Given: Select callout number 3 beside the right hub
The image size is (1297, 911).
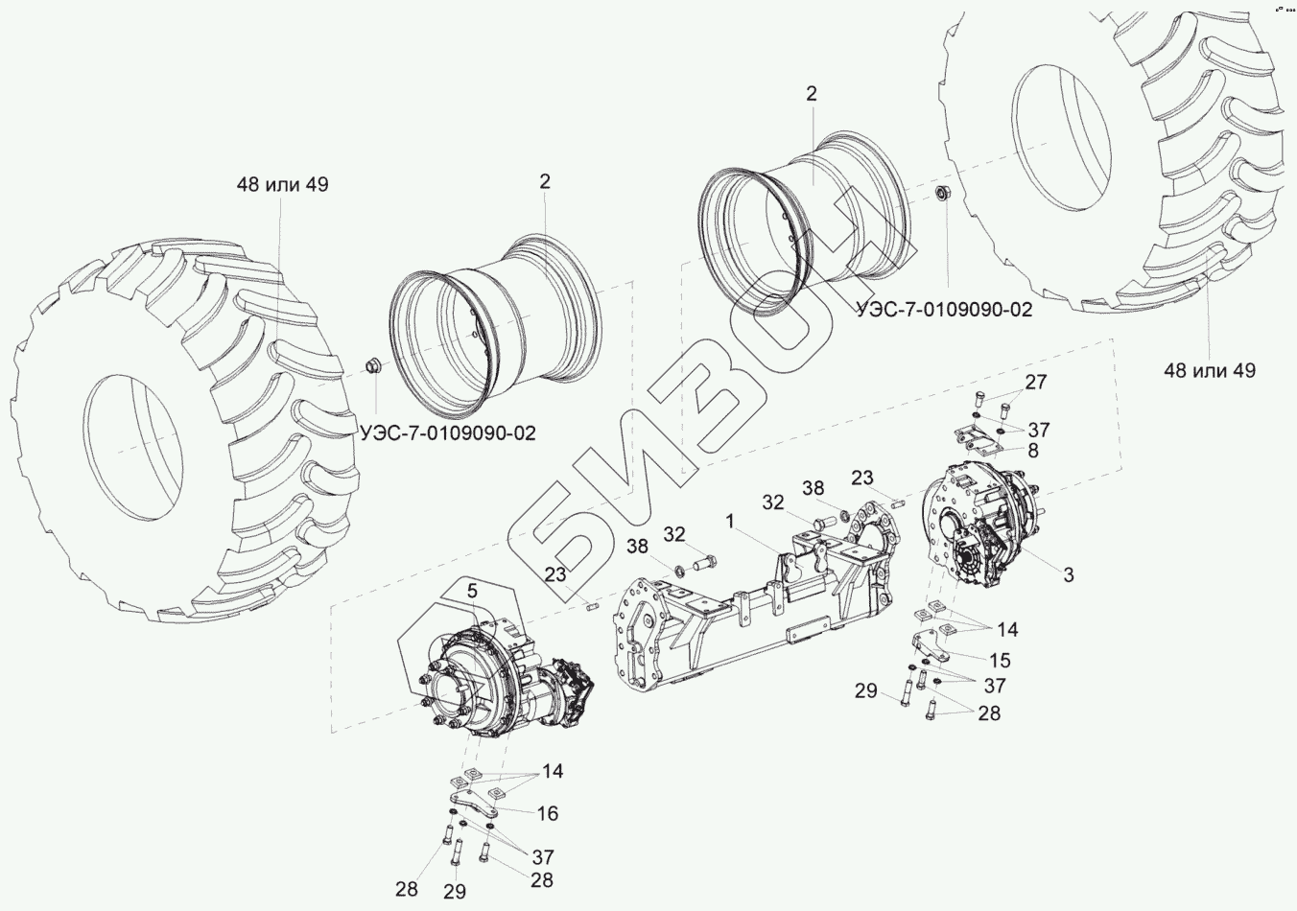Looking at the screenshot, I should click(x=1068, y=574).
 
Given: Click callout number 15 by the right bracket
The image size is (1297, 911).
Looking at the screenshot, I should click(x=1000, y=660).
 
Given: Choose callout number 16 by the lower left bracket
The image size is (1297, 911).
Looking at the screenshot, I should click(x=547, y=813).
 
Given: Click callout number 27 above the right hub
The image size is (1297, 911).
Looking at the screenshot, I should click(x=1036, y=383).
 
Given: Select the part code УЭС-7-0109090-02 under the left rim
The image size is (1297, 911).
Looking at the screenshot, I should click(x=449, y=433).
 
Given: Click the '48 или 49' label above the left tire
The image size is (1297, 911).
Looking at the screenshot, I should click(x=283, y=184).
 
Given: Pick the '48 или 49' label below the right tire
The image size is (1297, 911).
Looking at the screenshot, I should click(x=1210, y=369).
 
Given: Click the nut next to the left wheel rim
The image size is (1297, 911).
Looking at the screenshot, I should click(x=372, y=365).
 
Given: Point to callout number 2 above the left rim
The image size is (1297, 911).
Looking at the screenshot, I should click(x=544, y=180).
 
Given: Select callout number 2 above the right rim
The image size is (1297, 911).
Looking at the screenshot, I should click(x=812, y=94).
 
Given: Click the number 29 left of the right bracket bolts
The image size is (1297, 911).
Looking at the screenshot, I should click(x=866, y=690).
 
